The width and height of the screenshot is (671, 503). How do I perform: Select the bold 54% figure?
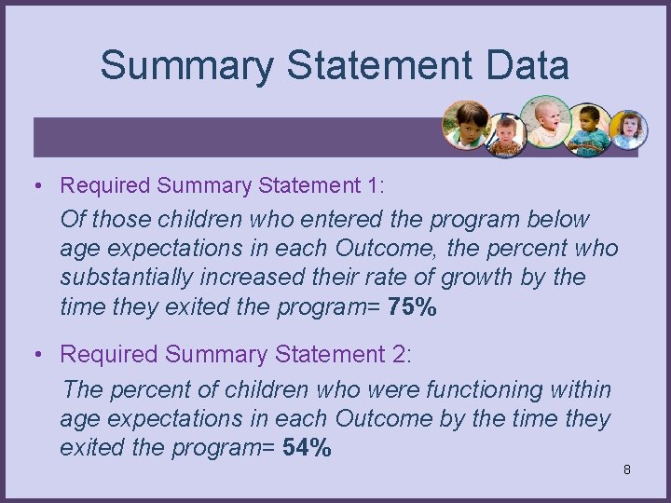[307, 448]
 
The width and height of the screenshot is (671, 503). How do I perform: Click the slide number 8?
[627, 469]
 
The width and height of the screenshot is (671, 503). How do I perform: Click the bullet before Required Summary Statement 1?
[35, 186]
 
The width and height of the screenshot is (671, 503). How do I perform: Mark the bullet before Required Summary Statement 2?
[35, 355]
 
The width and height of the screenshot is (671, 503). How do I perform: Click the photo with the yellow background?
[626, 129]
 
